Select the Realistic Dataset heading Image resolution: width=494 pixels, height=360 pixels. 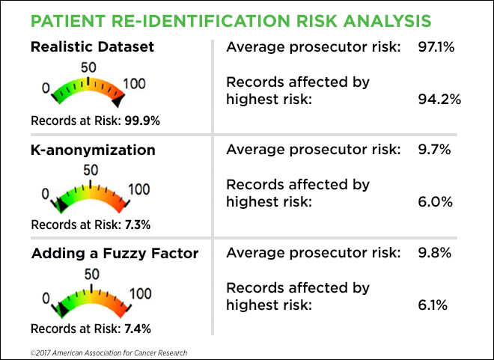coord(92,46)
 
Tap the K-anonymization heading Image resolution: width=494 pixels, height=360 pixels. coord(94,150)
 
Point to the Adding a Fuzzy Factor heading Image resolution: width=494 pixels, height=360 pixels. coord(115,253)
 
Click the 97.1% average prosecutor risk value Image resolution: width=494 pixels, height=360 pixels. coord(436,48)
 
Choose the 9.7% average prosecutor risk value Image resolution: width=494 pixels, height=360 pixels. coord(434,150)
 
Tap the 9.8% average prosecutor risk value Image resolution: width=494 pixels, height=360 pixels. coord(434,253)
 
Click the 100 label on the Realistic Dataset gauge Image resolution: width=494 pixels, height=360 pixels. coord(134,84)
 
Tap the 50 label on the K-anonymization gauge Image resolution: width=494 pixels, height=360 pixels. coord(90,169)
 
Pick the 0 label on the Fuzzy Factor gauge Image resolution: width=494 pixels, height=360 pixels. coord(46,298)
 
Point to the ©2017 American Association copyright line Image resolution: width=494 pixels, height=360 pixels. coord(109,351)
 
